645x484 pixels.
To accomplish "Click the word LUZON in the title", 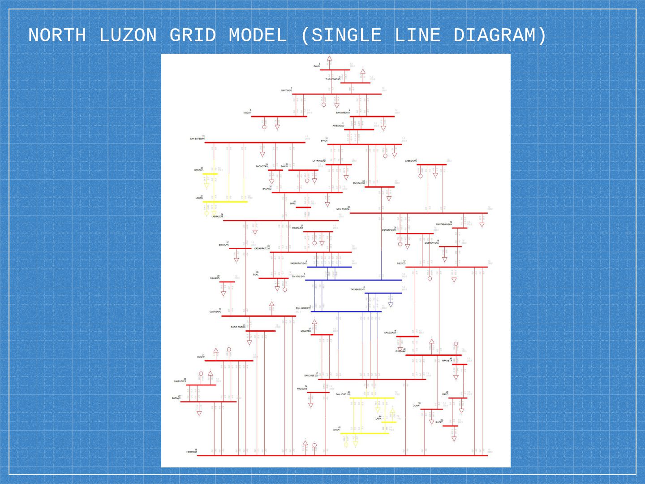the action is pyautogui.click(x=128, y=35).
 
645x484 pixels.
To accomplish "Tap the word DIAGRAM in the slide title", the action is pyautogui.click(x=500, y=35).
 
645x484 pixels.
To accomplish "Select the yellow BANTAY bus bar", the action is pyautogui.click(x=210, y=174).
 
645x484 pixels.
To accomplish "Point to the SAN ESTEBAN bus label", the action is pyautogui.click(x=197, y=138).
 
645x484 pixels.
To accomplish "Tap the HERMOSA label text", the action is pyautogui.click(x=192, y=452).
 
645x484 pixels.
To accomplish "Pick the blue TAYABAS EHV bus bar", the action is pyautogui.click(x=383, y=293).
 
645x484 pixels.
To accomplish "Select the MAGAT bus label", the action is pyautogui.click(x=247, y=112).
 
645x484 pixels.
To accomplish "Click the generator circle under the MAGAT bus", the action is pyautogui.click(x=264, y=127).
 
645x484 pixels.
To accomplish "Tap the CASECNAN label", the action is pyautogui.click(x=411, y=160).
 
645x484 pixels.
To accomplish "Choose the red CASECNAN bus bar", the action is pyautogui.click(x=431, y=164).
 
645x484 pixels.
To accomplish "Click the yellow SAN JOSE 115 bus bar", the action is pyautogui.click(x=372, y=398).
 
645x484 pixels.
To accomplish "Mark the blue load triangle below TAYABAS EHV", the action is pyautogui.click(x=391, y=305).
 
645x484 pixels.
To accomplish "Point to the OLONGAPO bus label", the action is pyautogui.click(x=215, y=311).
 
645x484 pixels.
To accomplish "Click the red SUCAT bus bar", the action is pyautogui.click(x=450, y=426).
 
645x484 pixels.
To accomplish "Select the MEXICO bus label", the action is pyautogui.click(x=401, y=264).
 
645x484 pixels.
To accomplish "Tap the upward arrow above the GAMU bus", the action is pyautogui.click(x=329, y=58).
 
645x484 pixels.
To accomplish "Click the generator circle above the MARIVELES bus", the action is pyautogui.click(x=201, y=373).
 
